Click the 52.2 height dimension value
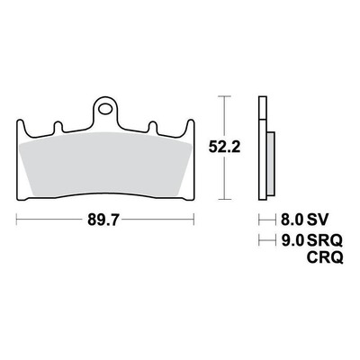(x=225, y=148)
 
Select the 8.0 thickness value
(x=292, y=220)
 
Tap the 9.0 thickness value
(x=292, y=240)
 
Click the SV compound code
(x=318, y=220)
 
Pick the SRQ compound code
(x=325, y=240)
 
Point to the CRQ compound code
(x=325, y=257)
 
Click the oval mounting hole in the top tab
(x=105, y=109)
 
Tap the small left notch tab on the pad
(x=58, y=127)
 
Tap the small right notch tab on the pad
(x=153, y=127)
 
